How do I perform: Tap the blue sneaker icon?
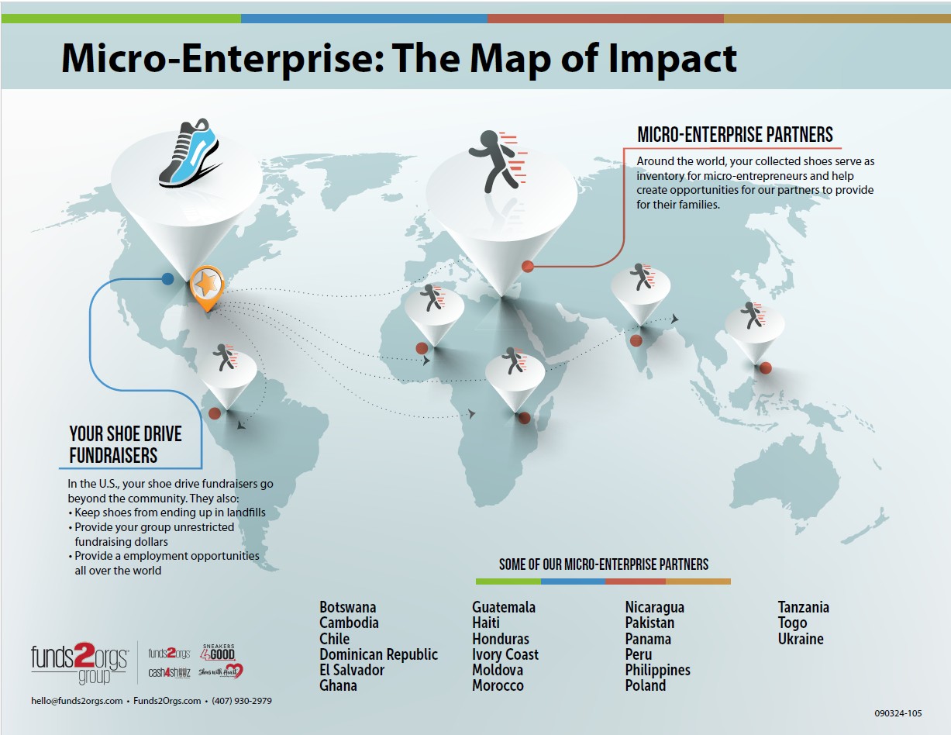189,154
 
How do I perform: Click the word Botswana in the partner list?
347,607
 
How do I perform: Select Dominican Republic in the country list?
378,654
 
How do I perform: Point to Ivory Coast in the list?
505,655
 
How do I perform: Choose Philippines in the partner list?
657,670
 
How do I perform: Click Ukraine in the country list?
801,639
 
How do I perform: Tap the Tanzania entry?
803,607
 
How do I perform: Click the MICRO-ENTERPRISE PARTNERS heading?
735,134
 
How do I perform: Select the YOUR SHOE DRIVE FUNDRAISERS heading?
125,444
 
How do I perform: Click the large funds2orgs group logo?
80,663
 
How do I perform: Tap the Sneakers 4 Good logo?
218,652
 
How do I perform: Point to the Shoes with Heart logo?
221,671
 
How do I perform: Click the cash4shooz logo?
170,672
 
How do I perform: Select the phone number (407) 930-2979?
242,701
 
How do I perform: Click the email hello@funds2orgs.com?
77,701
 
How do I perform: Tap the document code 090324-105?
898,713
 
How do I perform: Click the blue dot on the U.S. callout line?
167,278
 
